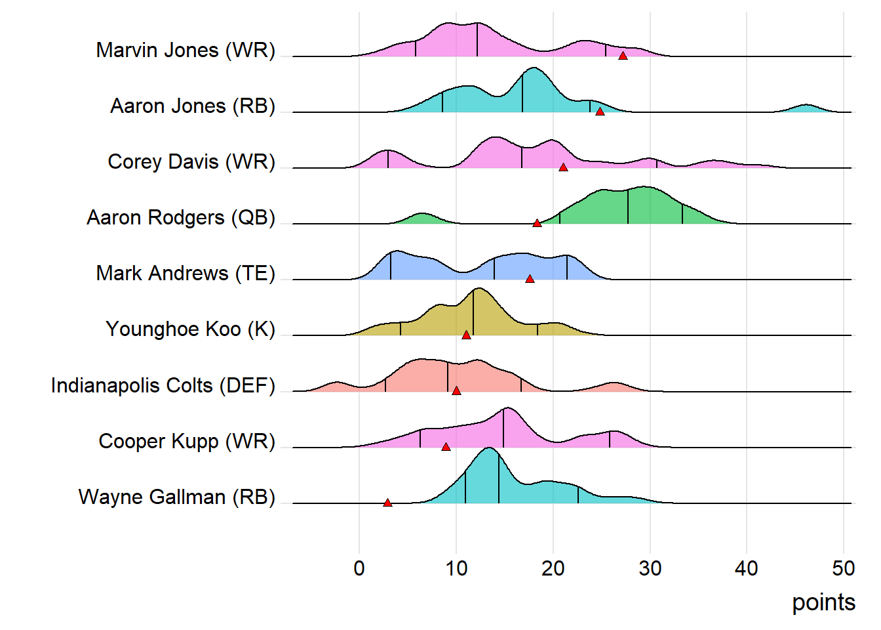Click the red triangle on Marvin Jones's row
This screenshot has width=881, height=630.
tap(623, 56)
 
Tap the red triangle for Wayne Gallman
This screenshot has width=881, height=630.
tap(387, 503)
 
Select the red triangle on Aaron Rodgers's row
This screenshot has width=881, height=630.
tap(537, 223)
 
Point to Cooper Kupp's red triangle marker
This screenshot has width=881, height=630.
tap(446, 447)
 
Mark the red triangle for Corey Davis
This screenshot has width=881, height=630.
tap(563, 167)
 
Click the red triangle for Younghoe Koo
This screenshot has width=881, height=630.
tap(466, 335)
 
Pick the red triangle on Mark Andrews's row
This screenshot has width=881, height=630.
tap(530, 279)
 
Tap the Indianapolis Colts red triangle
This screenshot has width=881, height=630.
tap(456, 390)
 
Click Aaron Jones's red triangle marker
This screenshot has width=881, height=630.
tap(600, 112)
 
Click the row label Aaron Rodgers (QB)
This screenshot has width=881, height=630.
tap(181, 217)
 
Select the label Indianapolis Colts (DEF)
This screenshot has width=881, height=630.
tap(163, 385)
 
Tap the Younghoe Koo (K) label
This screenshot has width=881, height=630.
tap(190, 329)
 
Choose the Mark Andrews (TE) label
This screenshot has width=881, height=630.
tap(186, 273)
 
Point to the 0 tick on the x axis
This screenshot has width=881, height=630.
tap(359, 568)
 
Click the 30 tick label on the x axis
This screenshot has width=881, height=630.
tap(650, 568)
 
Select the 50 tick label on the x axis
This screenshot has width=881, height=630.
tap(843, 568)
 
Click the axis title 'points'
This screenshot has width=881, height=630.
tap(823, 602)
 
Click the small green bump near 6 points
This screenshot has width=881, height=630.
tap(421, 219)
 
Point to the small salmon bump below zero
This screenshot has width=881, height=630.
tap(336, 387)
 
